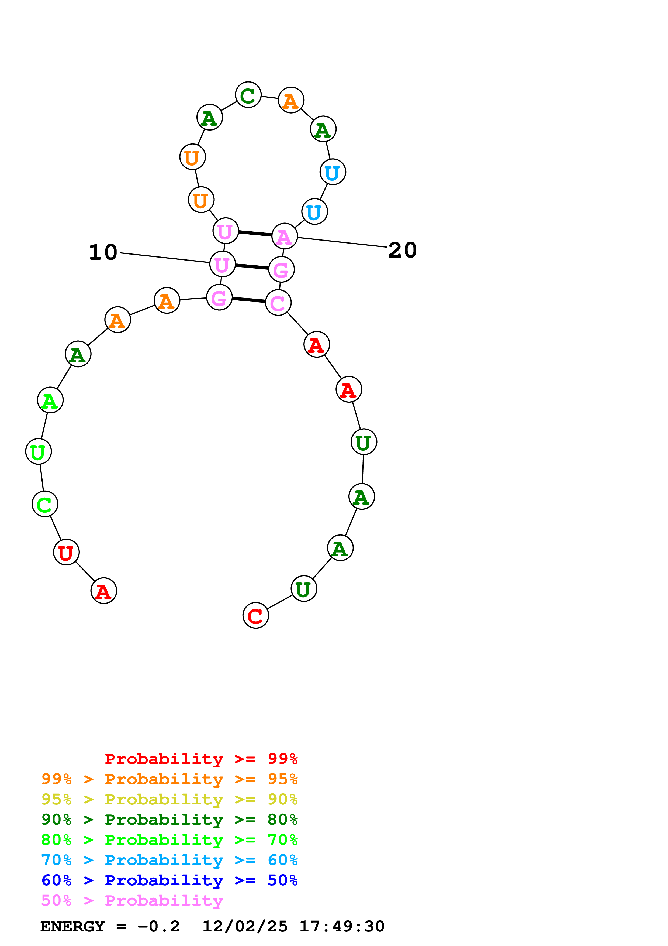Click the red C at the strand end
[256, 616]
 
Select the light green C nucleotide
[45, 504]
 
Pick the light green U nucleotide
[38, 452]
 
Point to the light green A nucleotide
[50, 400]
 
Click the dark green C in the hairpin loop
[248, 95]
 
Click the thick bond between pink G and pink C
[249, 300]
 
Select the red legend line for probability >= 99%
[201, 759]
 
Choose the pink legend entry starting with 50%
[132, 901]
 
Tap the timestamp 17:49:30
[342, 927]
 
